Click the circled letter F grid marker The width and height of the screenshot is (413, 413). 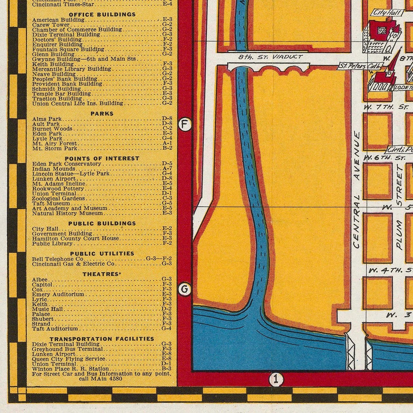point(185,125)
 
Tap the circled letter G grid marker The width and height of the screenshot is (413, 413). point(185,290)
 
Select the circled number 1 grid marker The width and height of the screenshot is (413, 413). point(276,379)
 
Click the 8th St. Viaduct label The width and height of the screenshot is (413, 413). point(270,57)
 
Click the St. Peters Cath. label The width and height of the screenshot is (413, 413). point(359,66)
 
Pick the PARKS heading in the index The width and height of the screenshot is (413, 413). point(102,113)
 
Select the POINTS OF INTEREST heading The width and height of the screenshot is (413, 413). point(102,158)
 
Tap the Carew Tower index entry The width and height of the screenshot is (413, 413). point(47,25)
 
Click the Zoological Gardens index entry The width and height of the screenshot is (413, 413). point(58,198)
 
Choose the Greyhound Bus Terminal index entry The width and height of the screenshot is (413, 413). point(67,349)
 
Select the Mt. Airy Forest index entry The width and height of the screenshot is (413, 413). point(54,143)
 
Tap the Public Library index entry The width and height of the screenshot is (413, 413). point(52,244)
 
